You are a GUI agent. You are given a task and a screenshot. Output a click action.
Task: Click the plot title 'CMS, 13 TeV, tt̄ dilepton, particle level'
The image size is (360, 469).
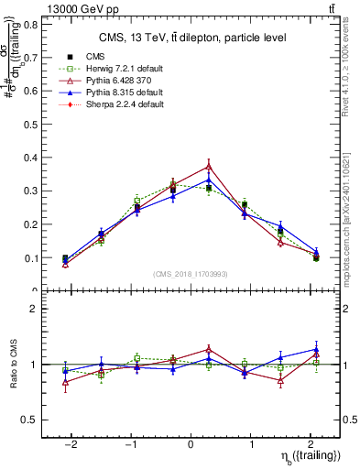(x=192, y=38)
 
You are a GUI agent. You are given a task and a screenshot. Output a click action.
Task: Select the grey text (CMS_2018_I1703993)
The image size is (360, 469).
(x=191, y=274)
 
